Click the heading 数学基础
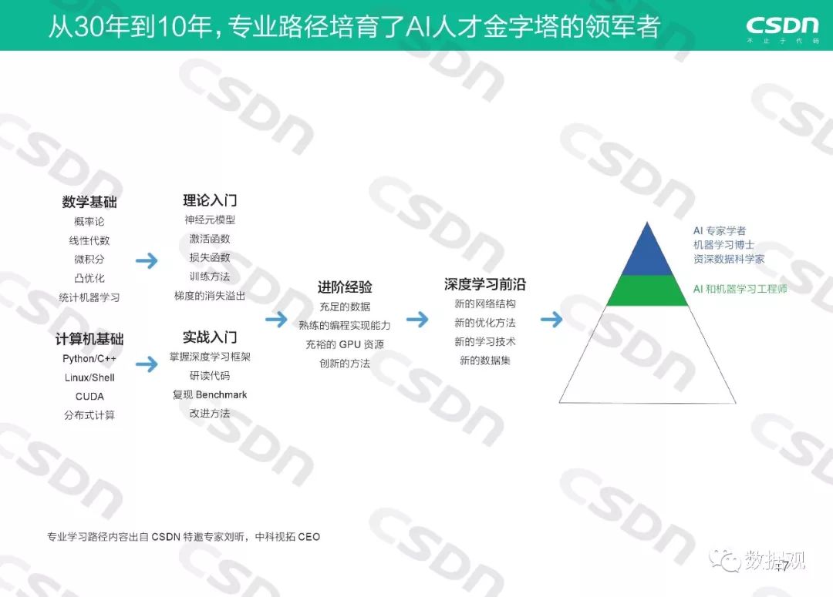coord(89,203)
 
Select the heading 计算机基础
coord(89,339)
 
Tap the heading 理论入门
coord(210,200)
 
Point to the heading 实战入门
coord(210,337)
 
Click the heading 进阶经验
coord(345,287)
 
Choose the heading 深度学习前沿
coord(484,284)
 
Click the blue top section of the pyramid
coord(647,254)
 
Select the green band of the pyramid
coord(647,290)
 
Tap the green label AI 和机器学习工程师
coord(740,290)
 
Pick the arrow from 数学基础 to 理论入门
coord(147,261)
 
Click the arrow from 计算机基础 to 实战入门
coord(147,364)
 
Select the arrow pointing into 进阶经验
coord(276,319)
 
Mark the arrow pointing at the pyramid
coord(551,319)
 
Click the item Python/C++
coord(89,359)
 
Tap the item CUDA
coord(89,397)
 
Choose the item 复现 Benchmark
coord(210,395)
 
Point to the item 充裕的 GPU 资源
coord(345,344)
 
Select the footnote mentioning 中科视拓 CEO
coord(184,537)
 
